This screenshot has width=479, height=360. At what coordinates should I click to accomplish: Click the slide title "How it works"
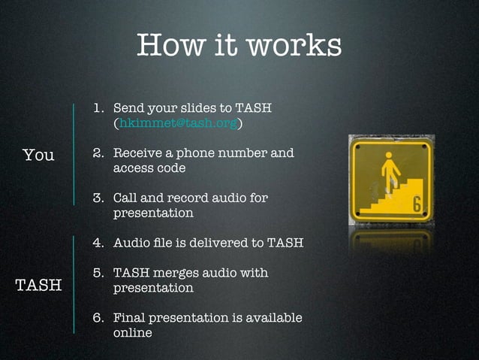click(239, 44)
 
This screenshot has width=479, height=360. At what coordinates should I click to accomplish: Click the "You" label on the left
click(38, 155)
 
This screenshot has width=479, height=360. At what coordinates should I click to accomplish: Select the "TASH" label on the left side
click(38, 285)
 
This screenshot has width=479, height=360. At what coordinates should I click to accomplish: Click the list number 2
click(98, 153)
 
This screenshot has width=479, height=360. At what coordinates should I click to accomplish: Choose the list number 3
click(98, 198)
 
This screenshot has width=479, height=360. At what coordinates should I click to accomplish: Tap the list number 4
click(98, 243)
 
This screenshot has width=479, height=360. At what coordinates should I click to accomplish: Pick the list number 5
click(98, 273)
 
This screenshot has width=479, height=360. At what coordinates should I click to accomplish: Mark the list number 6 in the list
click(98, 318)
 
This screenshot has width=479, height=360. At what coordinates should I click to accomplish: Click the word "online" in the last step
click(132, 332)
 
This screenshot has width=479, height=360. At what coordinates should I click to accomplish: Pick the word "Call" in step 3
click(126, 198)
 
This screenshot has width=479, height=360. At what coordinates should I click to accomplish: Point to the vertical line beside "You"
click(74, 154)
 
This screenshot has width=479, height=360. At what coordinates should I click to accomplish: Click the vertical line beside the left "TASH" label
click(74, 284)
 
